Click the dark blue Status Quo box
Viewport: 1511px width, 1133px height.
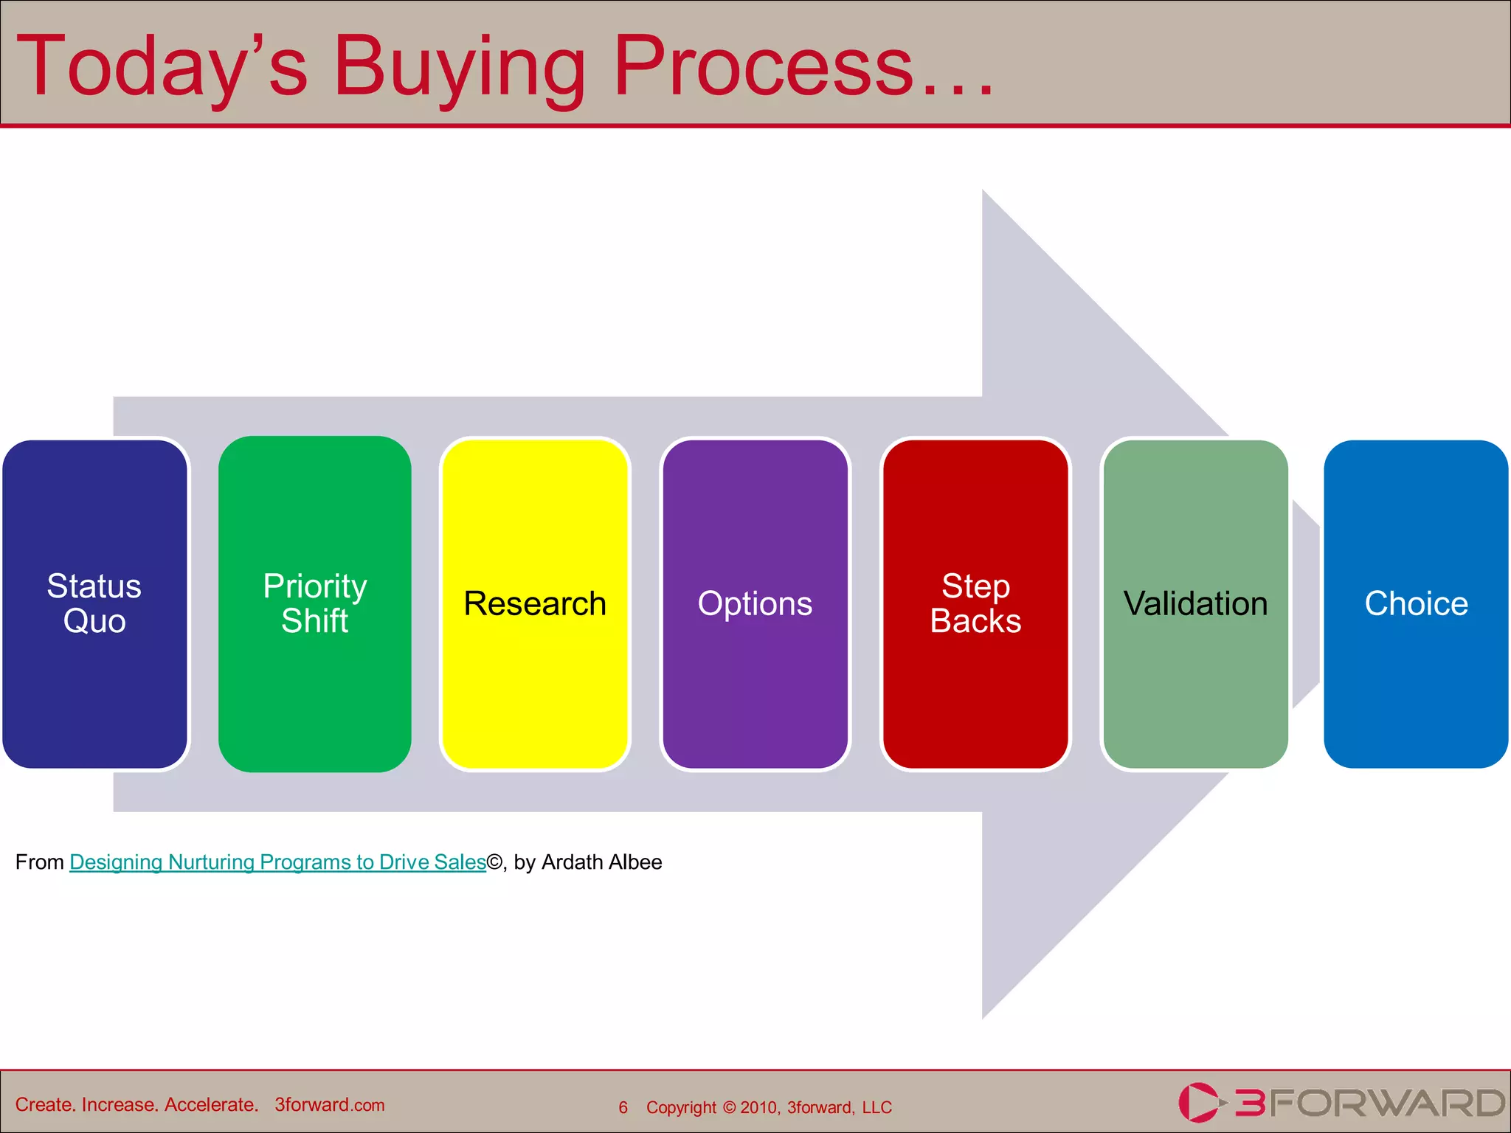[94, 603]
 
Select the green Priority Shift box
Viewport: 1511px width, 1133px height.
[315, 603]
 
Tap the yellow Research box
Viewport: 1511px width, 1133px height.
[535, 603]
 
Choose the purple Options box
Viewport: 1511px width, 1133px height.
[755, 603]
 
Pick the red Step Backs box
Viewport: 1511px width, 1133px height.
[975, 603]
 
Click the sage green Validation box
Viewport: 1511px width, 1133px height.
[1195, 603]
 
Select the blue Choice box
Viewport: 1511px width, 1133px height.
[1416, 603]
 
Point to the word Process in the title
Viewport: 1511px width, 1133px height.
[764, 68]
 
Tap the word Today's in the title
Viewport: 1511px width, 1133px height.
[162, 68]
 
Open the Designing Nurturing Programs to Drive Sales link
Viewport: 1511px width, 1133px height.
[277, 862]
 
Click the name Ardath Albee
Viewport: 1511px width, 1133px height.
[601, 862]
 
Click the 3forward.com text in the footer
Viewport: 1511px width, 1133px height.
[330, 1105]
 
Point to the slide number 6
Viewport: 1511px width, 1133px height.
[623, 1107]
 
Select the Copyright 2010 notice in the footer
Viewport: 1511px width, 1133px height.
[769, 1107]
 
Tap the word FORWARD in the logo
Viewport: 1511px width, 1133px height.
[1387, 1103]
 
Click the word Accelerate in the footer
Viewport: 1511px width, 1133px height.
[210, 1105]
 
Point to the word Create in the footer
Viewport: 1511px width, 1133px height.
[45, 1105]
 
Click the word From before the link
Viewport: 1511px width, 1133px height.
[40, 862]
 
